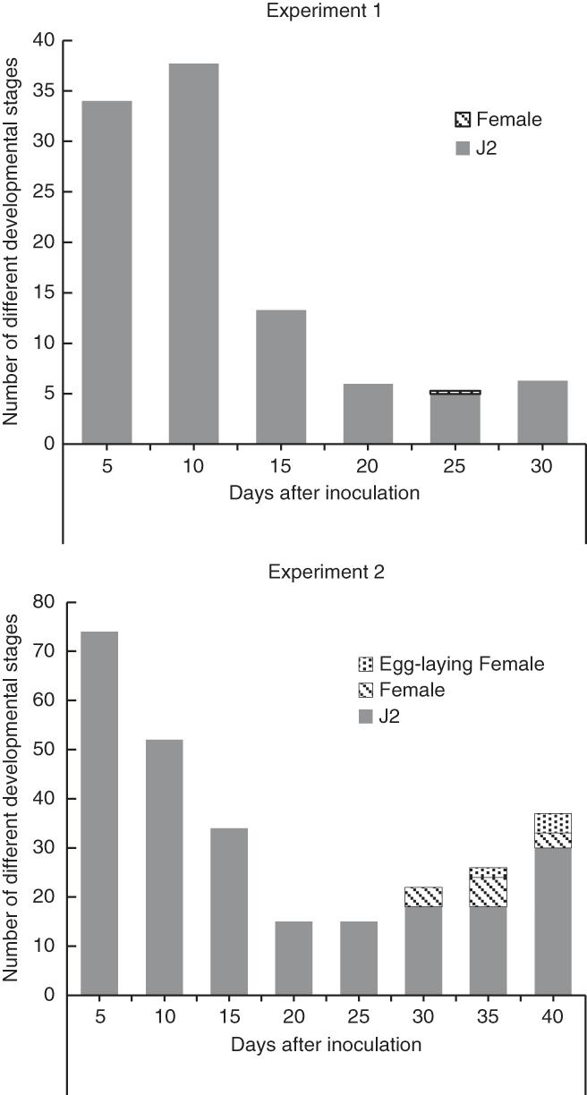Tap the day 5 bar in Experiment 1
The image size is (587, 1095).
(x=106, y=272)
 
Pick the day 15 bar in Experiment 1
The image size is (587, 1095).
(x=281, y=377)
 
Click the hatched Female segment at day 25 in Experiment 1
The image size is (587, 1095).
(x=455, y=392)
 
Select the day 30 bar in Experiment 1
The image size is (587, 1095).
(x=542, y=412)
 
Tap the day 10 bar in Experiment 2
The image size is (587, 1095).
(x=158, y=867)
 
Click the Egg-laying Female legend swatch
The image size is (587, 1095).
(x=363, y=665)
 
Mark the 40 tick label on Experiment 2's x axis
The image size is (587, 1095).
(x=552, y=1018)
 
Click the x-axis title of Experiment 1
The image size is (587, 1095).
(x=323, y=492)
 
